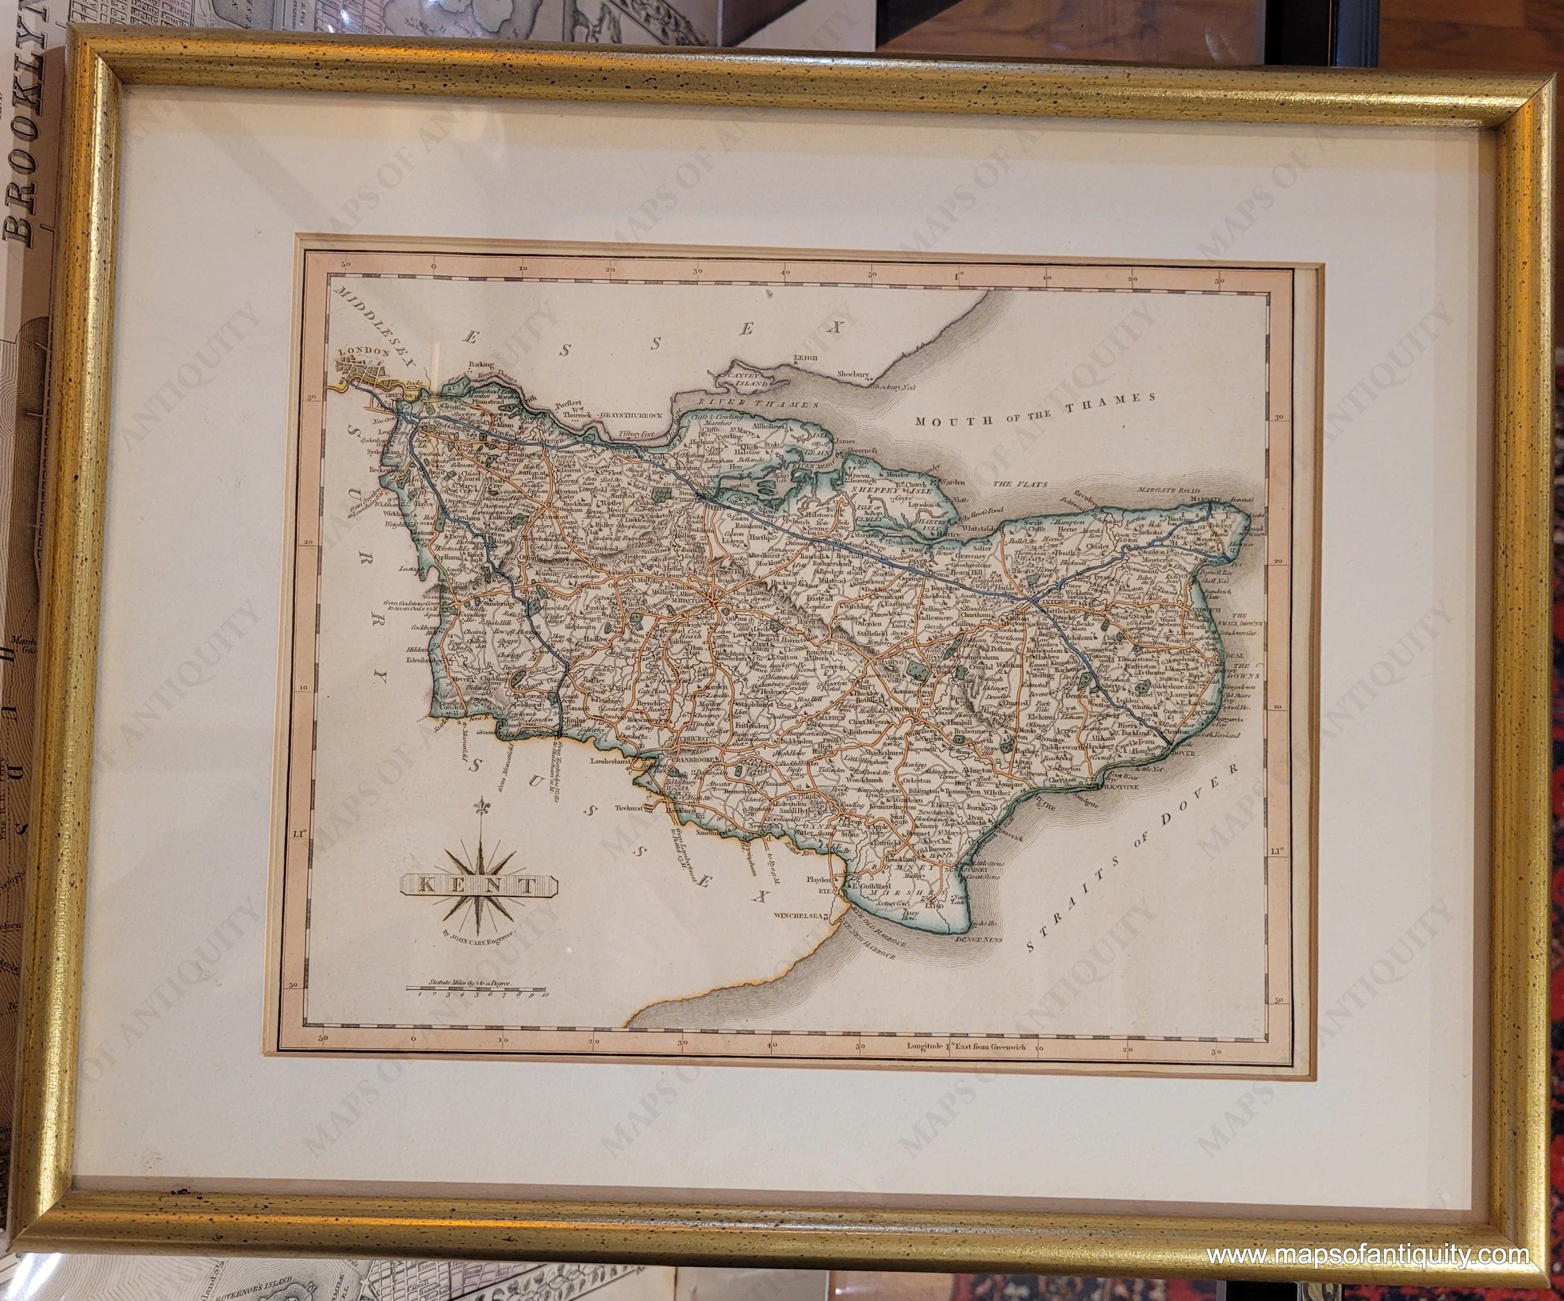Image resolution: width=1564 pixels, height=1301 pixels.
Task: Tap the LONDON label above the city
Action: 364,351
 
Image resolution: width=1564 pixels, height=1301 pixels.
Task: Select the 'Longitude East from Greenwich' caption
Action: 966,1046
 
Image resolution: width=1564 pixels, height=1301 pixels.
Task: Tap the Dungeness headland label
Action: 978,940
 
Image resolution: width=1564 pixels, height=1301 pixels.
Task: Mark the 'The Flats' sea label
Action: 1020,485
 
